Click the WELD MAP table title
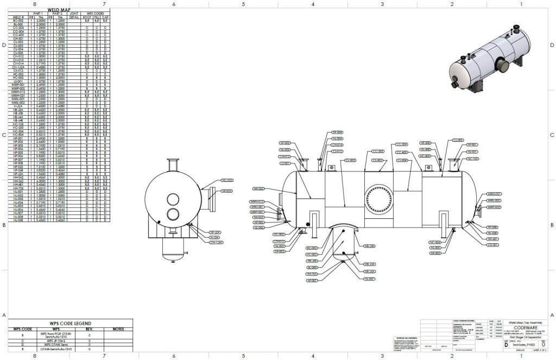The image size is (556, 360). tap(58, 10)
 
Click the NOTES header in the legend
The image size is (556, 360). tap(118, 329)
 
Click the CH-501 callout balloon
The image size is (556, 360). tap(493, 245)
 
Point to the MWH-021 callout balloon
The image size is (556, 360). tap(493, 193)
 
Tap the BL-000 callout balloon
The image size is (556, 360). tap(312, 267)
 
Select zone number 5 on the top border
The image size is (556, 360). tap(243, 4)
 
